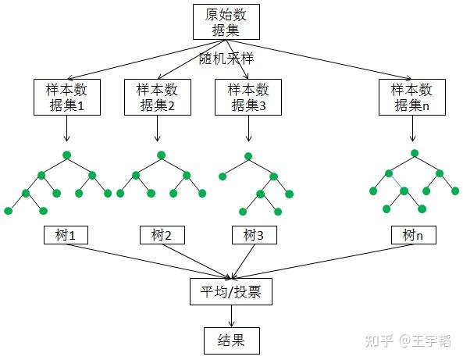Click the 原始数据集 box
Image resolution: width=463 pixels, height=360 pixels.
[225, 21]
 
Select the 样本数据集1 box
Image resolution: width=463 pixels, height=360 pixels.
[68, 98]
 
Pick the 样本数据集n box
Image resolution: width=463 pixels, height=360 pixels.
[412, 98]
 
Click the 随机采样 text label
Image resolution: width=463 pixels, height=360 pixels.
[227, 59]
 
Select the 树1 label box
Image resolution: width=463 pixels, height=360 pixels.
[66, 234]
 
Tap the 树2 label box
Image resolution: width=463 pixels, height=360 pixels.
[162, 234]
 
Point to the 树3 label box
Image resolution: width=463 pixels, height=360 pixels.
[255, 234]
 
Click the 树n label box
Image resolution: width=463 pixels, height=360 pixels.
[413, 234]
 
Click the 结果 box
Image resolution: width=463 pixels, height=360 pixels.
[230, 340]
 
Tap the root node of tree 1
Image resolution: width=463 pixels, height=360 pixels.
[66, 152]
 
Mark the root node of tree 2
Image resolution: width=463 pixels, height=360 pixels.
[159, 154]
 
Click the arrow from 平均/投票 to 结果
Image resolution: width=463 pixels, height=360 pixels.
[230, 315]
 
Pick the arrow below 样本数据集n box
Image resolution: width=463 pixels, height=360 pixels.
[413, 128]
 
